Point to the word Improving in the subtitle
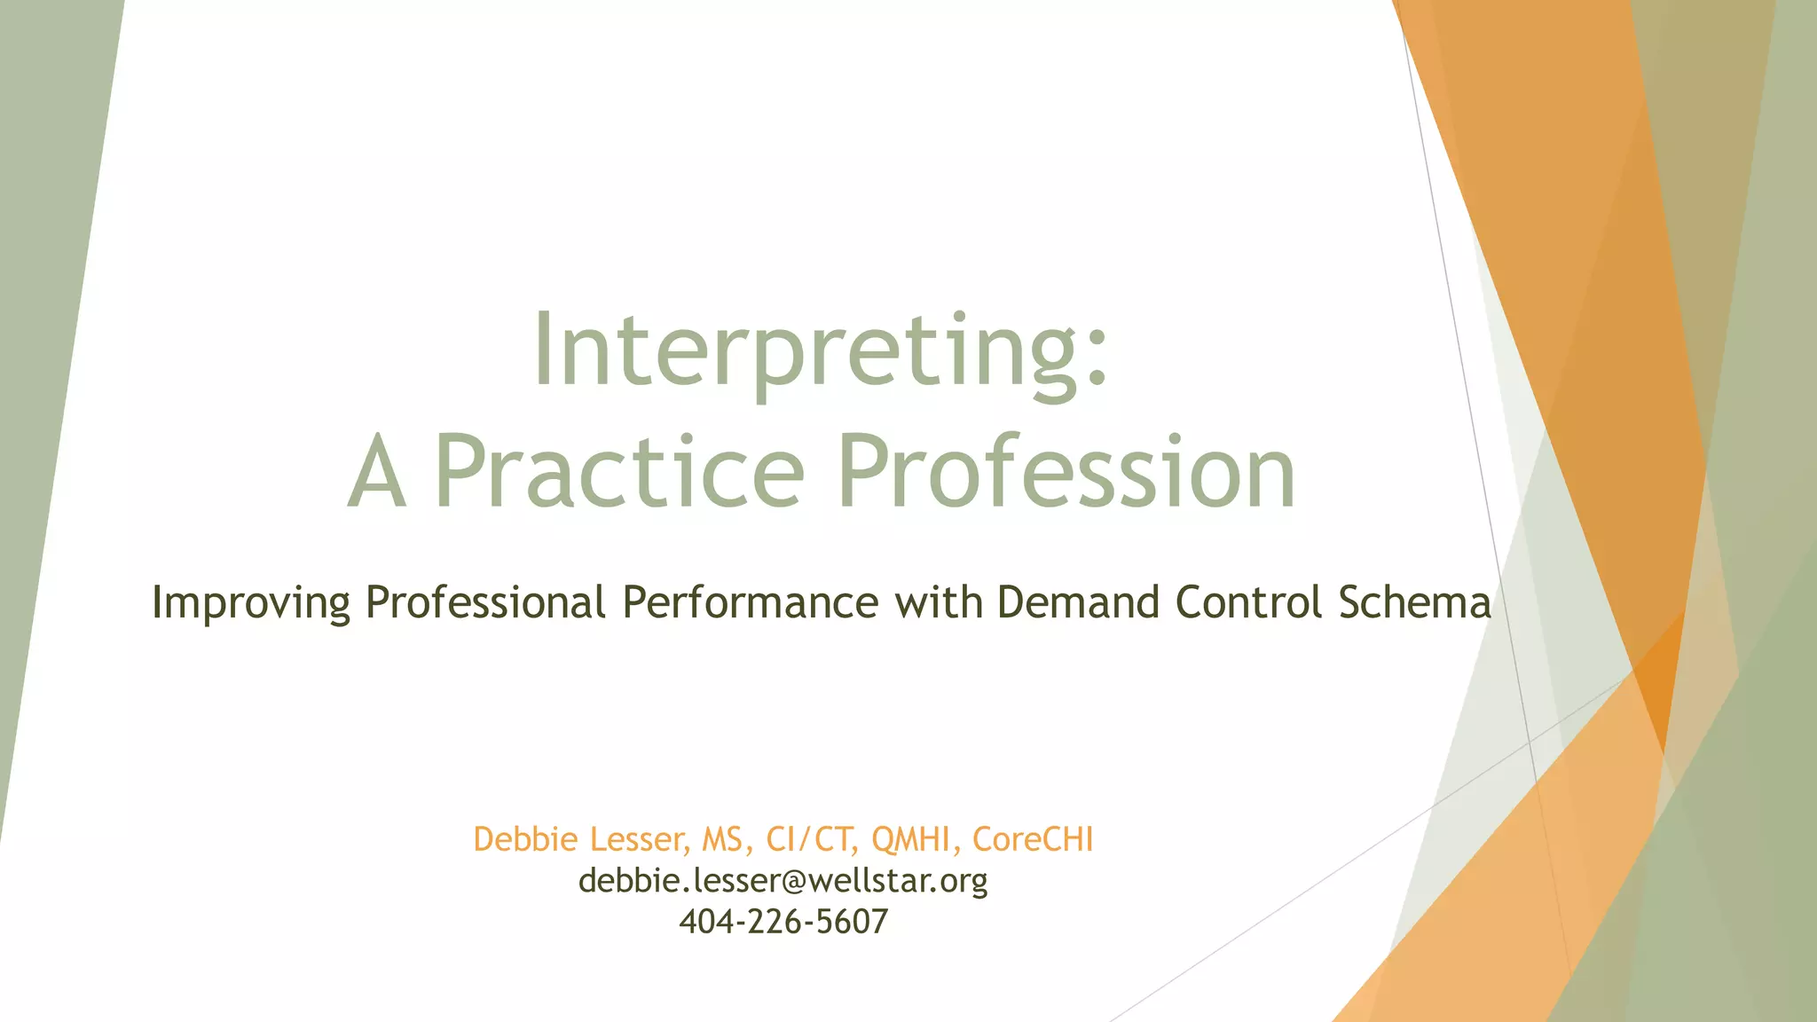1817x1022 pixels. click(x=251, y=603)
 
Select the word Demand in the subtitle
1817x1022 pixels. click(x=1078, y=602)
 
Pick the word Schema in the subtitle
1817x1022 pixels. click(x=1414, y=602)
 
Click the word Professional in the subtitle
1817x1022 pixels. click(x=485, y=602)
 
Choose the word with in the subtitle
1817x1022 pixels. click(x=939, y=602)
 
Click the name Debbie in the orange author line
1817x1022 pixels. click(x=525, y=839)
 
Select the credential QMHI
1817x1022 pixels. click(x=911, y=839)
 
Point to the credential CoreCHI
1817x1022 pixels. click(x=1033, y=839)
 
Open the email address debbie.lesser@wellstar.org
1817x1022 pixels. click(x=783, y=881)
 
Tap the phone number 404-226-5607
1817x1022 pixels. click(x=783, y=922)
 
